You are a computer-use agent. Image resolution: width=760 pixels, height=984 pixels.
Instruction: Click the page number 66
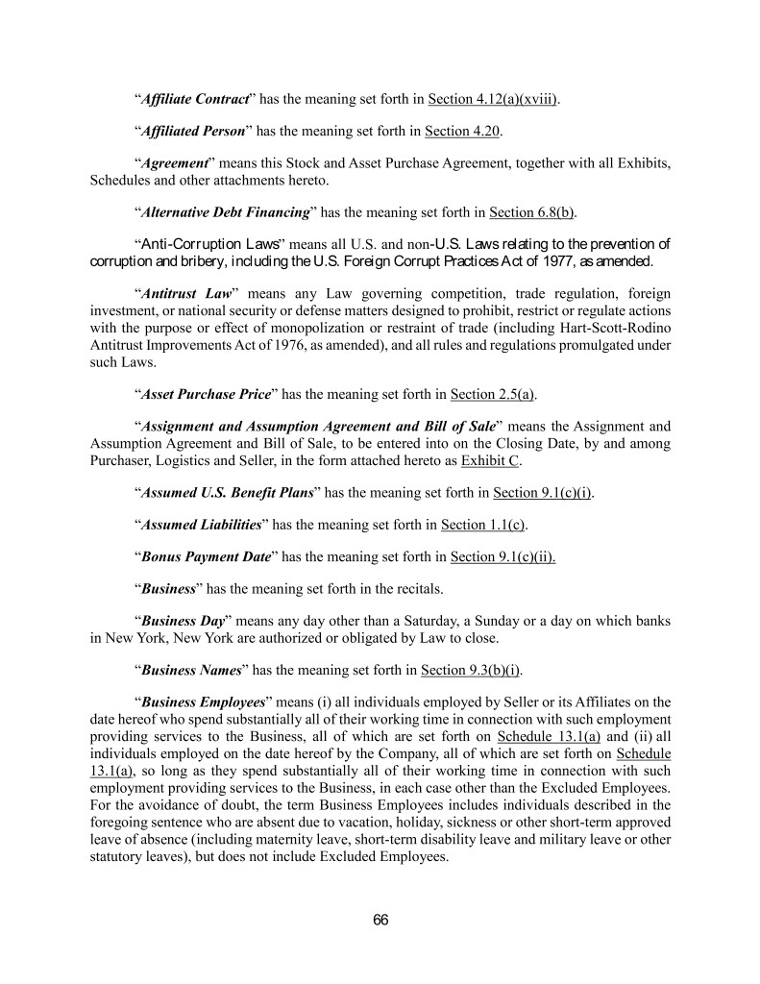(x=380, y=920)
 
